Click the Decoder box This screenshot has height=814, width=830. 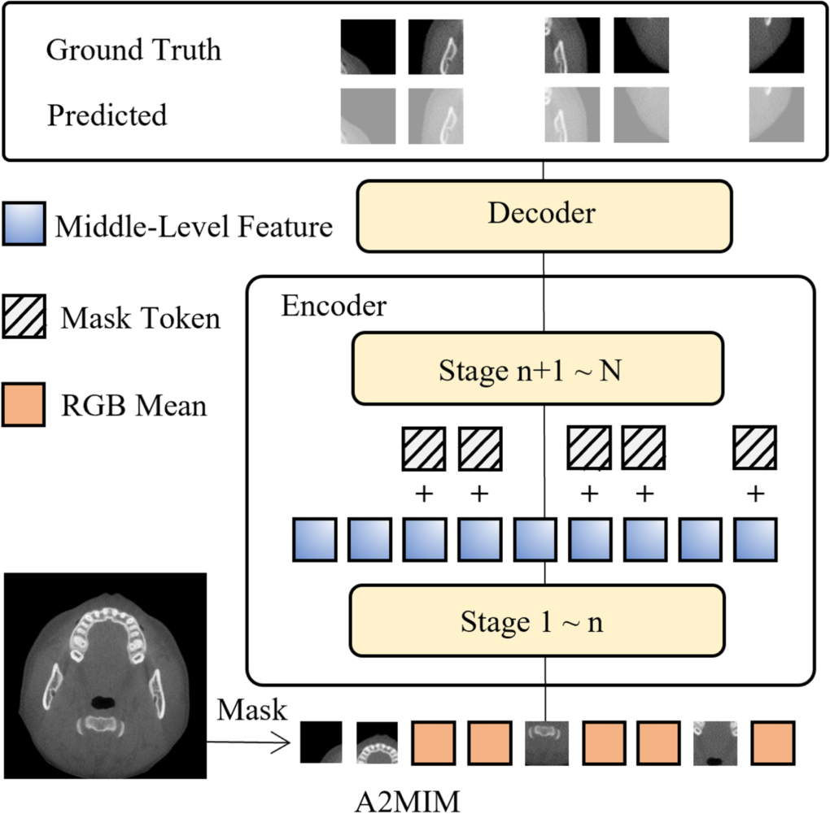(543, 214)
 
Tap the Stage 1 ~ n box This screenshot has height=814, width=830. (537, 622)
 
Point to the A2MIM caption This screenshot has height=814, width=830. (407, 799)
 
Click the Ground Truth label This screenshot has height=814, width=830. (133, 50)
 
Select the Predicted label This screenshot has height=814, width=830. (107, 115)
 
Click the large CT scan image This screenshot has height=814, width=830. (104, 677)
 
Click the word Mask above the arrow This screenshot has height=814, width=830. (251, 710)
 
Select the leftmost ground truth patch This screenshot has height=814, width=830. (368, 47)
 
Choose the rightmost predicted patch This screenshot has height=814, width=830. (776, 115)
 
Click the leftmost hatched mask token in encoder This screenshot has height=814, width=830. (424, 448)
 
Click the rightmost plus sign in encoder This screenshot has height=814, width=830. (755, 494)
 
